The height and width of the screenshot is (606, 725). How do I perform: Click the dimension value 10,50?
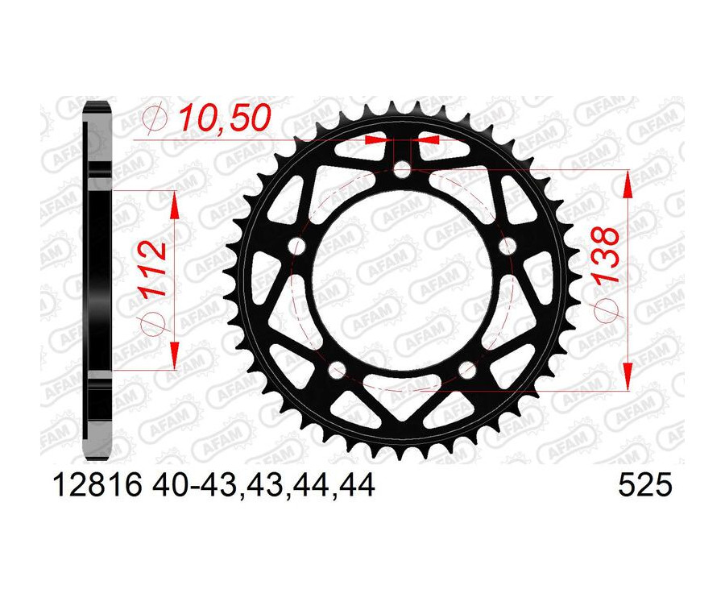point(213,119)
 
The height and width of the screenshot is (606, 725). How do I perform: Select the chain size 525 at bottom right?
point(644,486)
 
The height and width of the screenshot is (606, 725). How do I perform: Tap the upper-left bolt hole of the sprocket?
point(298,245)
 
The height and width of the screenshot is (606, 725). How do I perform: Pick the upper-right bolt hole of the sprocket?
point(507,245)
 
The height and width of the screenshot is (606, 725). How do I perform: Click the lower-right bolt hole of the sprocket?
point(467,369)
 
